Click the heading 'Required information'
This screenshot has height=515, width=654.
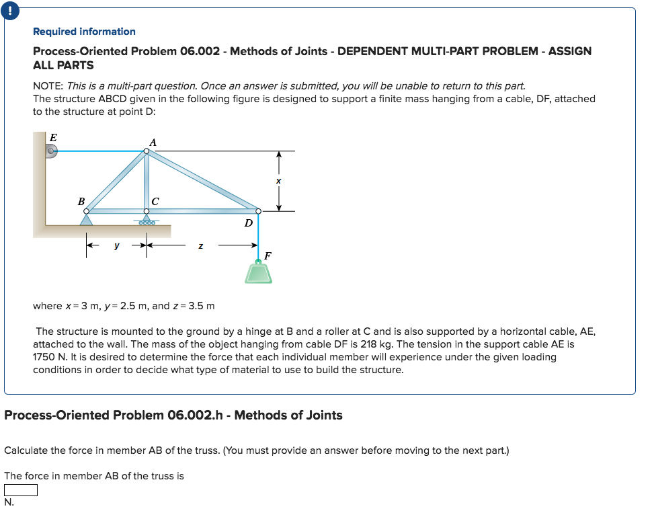[x=84, y=32]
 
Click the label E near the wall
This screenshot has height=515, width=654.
[x=54, y=136]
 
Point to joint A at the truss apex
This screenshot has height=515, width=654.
[x=147, y=151]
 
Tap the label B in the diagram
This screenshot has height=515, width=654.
[x=81, y=200]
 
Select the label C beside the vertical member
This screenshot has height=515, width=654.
[x=156, y=200]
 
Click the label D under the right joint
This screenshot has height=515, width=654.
[x=248, y=223]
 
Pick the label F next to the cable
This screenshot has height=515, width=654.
[x=268, y=255]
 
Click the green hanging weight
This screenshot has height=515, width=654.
[x=259, y=273]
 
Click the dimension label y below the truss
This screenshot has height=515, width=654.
[x=116, y=246]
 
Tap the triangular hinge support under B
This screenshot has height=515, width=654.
[x=86, y=219]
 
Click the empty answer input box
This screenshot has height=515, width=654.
[x=20, y=490]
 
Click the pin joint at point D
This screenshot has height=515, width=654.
[x=258, y=211]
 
